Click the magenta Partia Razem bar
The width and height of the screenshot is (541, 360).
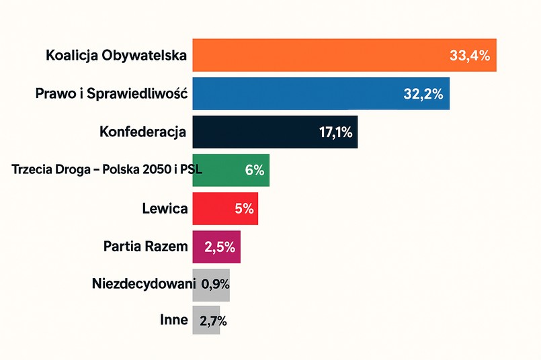[x=216, y=246]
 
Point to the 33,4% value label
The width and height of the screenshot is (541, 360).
[x=470, y=56]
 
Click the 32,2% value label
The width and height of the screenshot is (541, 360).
[x=423, y=94]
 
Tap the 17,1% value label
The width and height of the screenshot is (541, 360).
[x=336, y=132]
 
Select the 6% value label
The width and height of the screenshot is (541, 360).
[x=255, y=171]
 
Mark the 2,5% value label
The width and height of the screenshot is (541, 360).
[x=216, y=247]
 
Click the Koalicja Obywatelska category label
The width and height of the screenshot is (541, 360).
[x=116, y=55]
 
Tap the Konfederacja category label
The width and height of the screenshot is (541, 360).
[x=142, y=132]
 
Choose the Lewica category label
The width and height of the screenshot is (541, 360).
[x=165, y=208]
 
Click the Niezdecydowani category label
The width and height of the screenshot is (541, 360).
[x=143, y=283]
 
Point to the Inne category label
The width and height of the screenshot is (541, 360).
[x=174, y=320]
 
